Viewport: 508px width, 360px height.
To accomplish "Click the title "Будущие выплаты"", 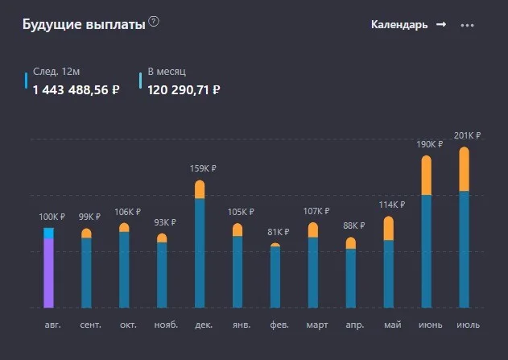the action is click(84, 25).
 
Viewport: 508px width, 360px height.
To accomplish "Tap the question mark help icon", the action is click(154, 22).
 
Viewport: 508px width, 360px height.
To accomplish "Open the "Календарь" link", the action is click(408, 25).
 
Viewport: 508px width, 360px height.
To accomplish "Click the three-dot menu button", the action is click(467, 25).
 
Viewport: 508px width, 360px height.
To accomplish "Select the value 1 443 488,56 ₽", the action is click(76, 89).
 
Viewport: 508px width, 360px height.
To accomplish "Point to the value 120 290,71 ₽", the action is click(184, 89).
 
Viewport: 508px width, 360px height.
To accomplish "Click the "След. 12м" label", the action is click(56, 72).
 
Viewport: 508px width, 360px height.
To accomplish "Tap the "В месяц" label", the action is click(167, 72).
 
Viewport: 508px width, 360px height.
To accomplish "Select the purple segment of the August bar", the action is click(48, 273).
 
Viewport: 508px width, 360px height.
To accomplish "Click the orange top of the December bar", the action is click(200, 189).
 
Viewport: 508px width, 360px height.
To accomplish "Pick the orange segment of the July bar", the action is click(465, 169).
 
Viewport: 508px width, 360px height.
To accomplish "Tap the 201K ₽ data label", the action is click(467, 135).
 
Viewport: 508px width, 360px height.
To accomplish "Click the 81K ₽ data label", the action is click(279, 232).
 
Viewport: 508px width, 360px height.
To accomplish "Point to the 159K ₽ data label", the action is click(203, 168).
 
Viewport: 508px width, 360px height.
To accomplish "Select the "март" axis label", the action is click(317, 325).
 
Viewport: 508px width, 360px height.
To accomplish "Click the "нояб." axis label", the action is click(166, 325).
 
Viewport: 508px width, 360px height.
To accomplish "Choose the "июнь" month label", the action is click(430, 325).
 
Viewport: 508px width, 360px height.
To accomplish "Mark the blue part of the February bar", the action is click(275, 277).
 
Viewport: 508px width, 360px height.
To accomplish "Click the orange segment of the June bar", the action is click(427, 176).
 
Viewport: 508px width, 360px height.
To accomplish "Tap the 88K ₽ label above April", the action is click(353, 226).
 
